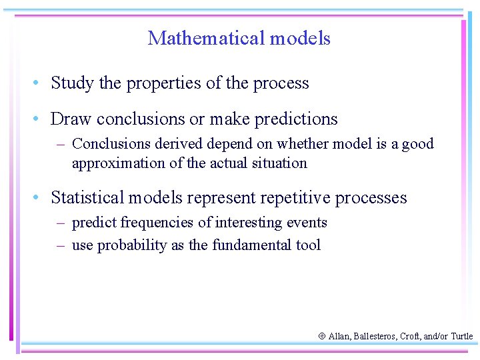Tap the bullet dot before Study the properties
40,83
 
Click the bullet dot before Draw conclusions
40,119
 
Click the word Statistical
87,198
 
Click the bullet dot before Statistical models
40,198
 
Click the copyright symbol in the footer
323,337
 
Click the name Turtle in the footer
461,337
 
